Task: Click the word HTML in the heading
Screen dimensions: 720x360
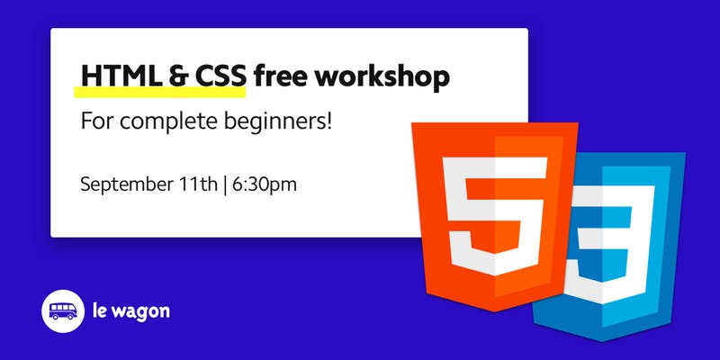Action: (121, 76)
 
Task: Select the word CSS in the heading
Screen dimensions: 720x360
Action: (220, 76)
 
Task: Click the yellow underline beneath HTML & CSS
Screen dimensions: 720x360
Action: (160, 92)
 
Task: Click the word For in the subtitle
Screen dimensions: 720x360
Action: (97, 122)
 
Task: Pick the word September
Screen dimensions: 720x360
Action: (126, 185)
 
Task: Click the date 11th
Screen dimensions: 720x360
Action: (198, 184)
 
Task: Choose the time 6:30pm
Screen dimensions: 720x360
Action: (264, 185)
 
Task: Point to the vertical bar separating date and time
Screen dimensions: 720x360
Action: (225, 185)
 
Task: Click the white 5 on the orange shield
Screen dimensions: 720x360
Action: (494, 216)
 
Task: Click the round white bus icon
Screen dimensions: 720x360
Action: (63, 310)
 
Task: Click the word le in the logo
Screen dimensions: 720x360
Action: (99, 310)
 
